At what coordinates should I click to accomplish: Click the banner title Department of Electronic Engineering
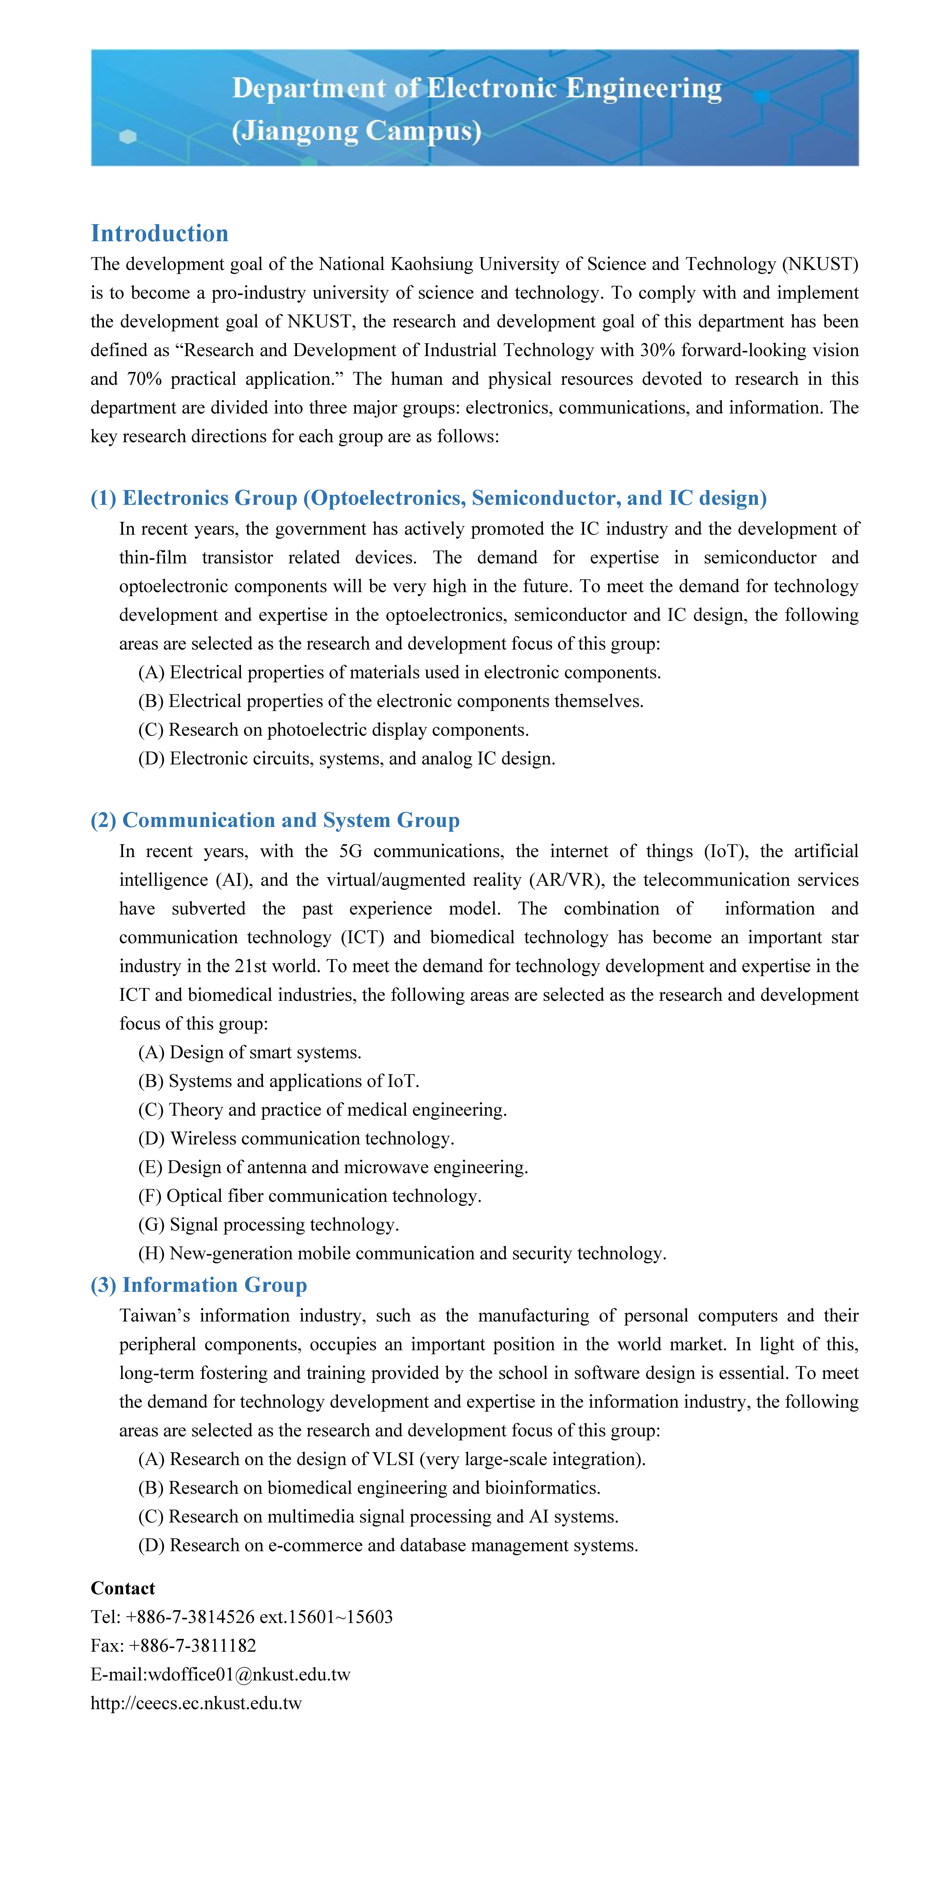[476, 88]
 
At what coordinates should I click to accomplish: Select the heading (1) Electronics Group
[428, 498]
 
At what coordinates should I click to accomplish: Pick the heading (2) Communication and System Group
[275, 820]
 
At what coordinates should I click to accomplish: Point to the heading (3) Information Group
[199, 1285]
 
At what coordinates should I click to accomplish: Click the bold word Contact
[122, 1588]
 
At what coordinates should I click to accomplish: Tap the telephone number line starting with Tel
[242, 1617]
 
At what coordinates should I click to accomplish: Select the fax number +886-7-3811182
[193, 1646]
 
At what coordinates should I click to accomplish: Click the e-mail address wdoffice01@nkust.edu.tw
[249, 1674]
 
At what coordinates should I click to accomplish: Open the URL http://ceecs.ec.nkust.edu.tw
[196, 1703]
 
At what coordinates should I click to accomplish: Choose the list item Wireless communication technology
[296, 1138]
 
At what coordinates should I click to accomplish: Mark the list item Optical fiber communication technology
[310, 1196]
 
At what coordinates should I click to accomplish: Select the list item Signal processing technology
[268, 1224]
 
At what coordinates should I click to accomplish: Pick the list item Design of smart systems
[250, 1052]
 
